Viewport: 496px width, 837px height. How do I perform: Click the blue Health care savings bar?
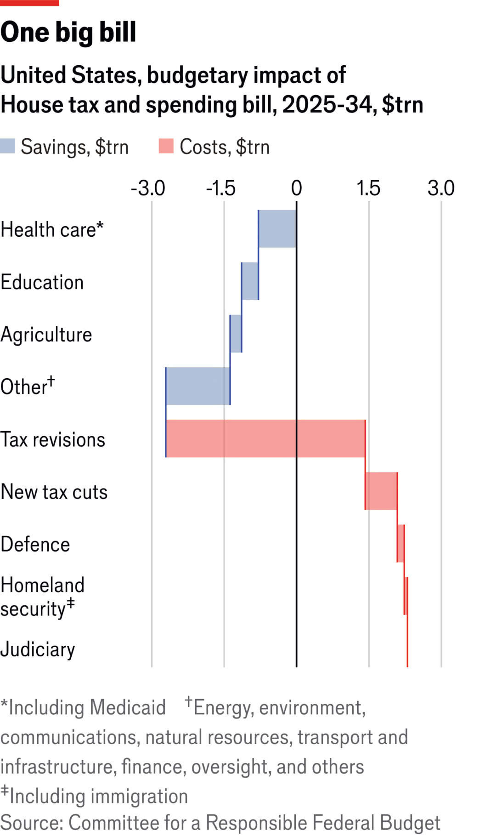coord(277,229)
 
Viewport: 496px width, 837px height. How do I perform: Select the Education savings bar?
coord(250,281)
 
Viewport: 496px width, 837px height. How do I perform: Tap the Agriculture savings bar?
coord(236,334)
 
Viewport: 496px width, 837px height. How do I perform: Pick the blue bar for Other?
coord(198,386)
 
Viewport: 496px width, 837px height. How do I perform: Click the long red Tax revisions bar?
coord(265,438)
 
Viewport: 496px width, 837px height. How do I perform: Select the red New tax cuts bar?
coord(381,491)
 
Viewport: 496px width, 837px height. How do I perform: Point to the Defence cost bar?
coord(401,543)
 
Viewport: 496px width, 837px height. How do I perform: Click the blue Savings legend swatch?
coord(8,147)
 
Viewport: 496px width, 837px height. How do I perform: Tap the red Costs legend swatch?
coord(166,147)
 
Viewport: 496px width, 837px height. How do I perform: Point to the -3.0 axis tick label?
coord(148,188)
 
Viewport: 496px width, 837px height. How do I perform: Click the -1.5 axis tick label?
coord(221,188)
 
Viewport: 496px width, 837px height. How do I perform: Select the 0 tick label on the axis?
coord(297,188)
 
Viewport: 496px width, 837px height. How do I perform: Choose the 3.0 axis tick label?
coord(441,188)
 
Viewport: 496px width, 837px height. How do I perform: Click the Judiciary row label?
coord(38,649)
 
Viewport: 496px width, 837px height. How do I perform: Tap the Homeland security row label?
coord(42,597)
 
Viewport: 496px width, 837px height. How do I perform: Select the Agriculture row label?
coord(46,335)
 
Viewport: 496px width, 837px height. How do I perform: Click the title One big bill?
coord(68,32)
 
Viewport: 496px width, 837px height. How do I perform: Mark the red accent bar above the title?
coord(29,3)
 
